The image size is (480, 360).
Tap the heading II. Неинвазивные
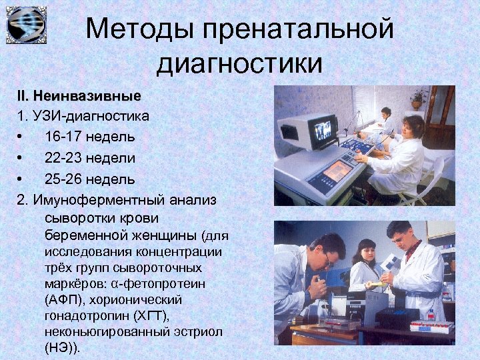click(74, 95)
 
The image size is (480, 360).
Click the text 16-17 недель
click(90, 137)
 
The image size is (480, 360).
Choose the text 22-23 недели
click(90, 158)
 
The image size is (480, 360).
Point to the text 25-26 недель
click(90, 179)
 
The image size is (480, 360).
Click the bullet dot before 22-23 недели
click(21, 158)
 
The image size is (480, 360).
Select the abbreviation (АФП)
click(66, 299)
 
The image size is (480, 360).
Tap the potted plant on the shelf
click(417, 99)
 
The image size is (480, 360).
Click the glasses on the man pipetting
click(327, 260)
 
